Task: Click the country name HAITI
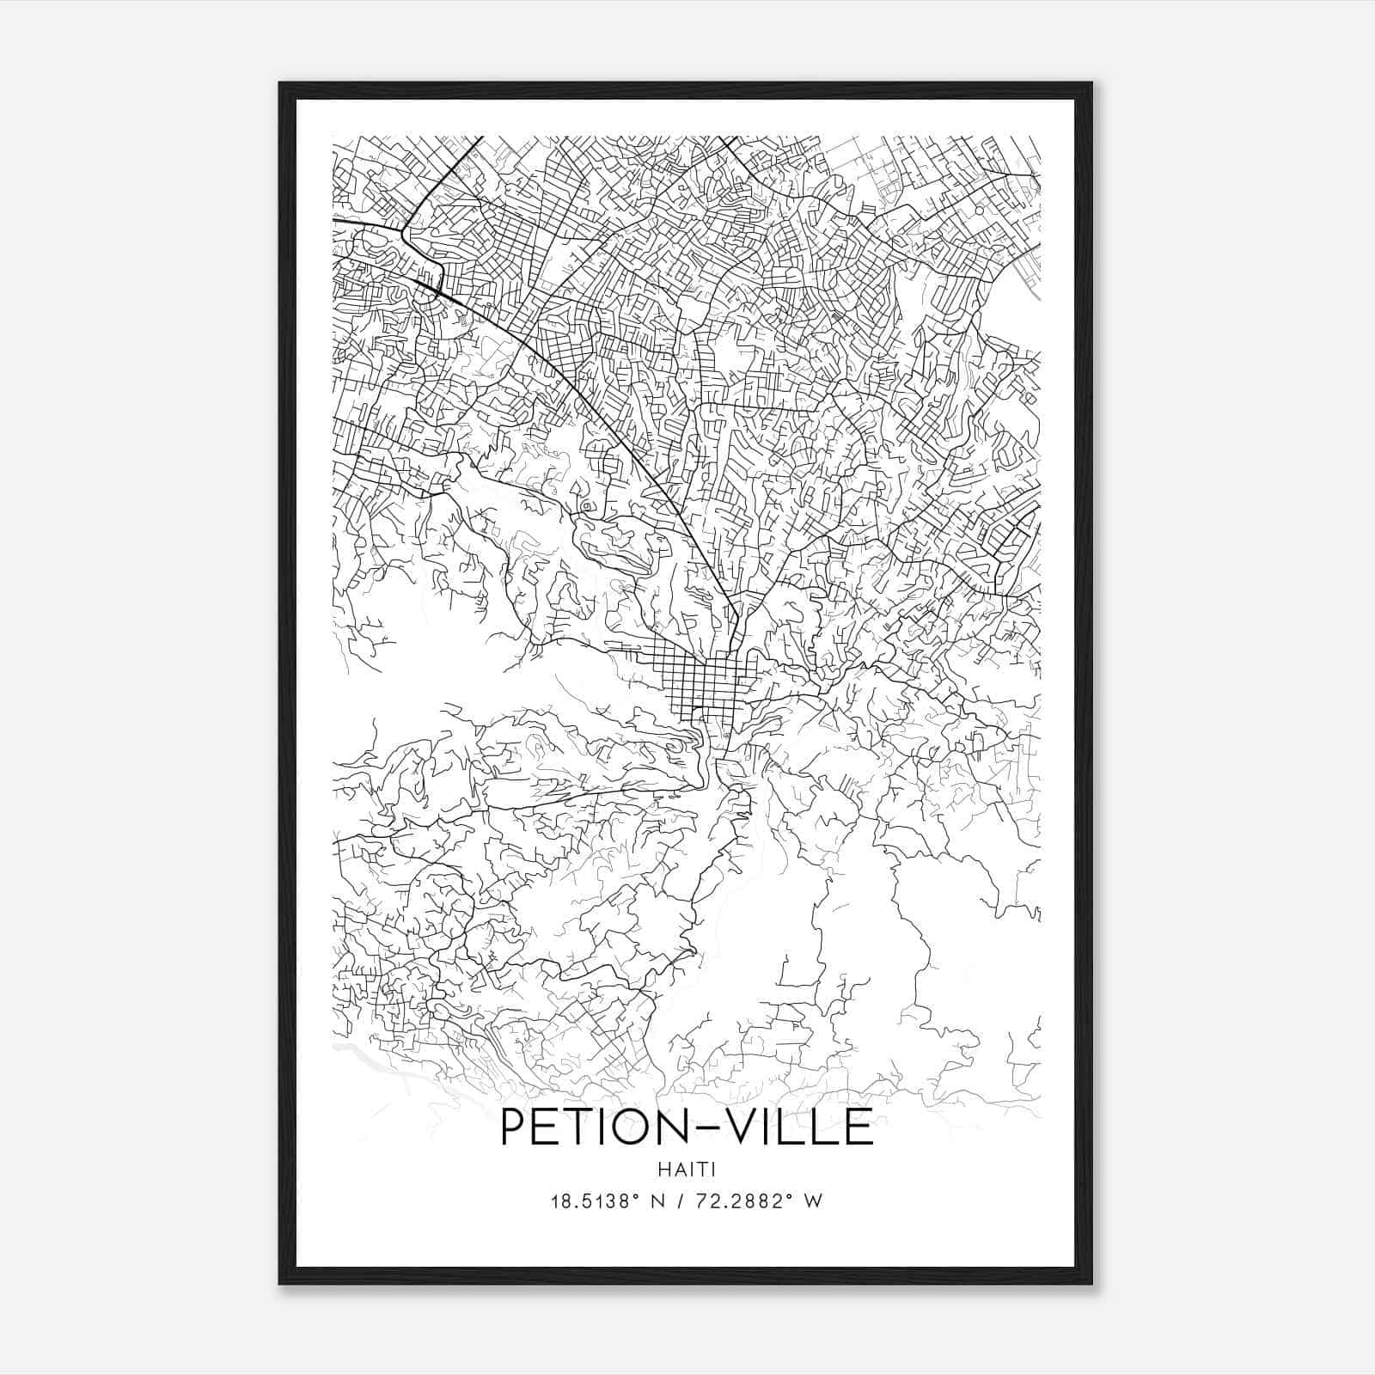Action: tap(687, 1170)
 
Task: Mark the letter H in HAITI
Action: tap(664, 1170)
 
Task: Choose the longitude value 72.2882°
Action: tap(744, 1201)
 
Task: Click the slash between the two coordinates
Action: tap(679, 1201)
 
